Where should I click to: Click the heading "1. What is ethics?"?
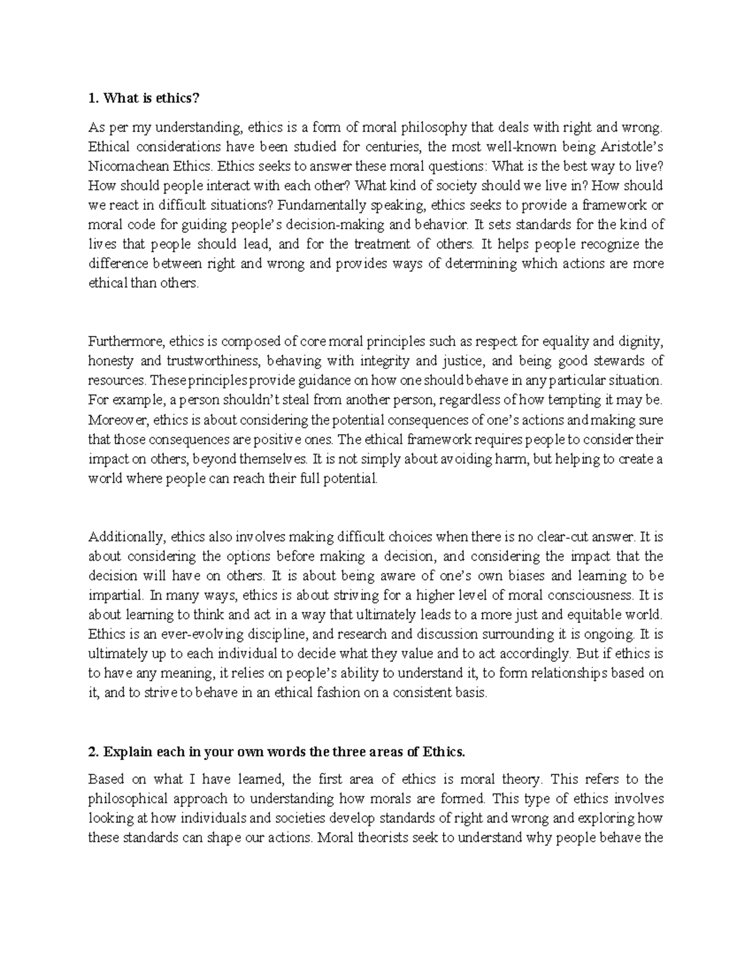pyautogui.click(x=143, y=98)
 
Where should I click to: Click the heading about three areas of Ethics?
pyautogui.click(x=277, y=752)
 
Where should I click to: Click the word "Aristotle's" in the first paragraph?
pyautogui.click(x=633, y=147)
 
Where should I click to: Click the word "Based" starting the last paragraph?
pyautogui.click(x=107, y=780)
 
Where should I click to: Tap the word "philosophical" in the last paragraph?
pyautogui.click(x=123, y=799)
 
